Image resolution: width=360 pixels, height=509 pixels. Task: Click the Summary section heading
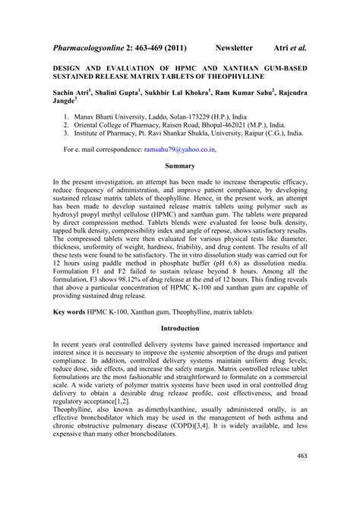180,166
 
